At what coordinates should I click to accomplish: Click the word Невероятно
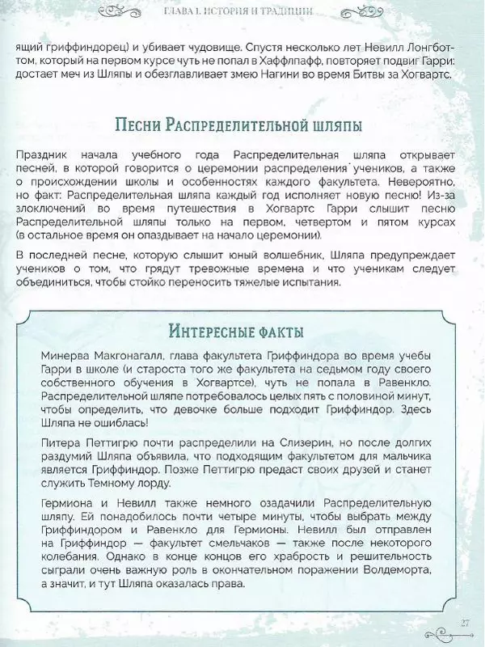pos(419,183)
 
